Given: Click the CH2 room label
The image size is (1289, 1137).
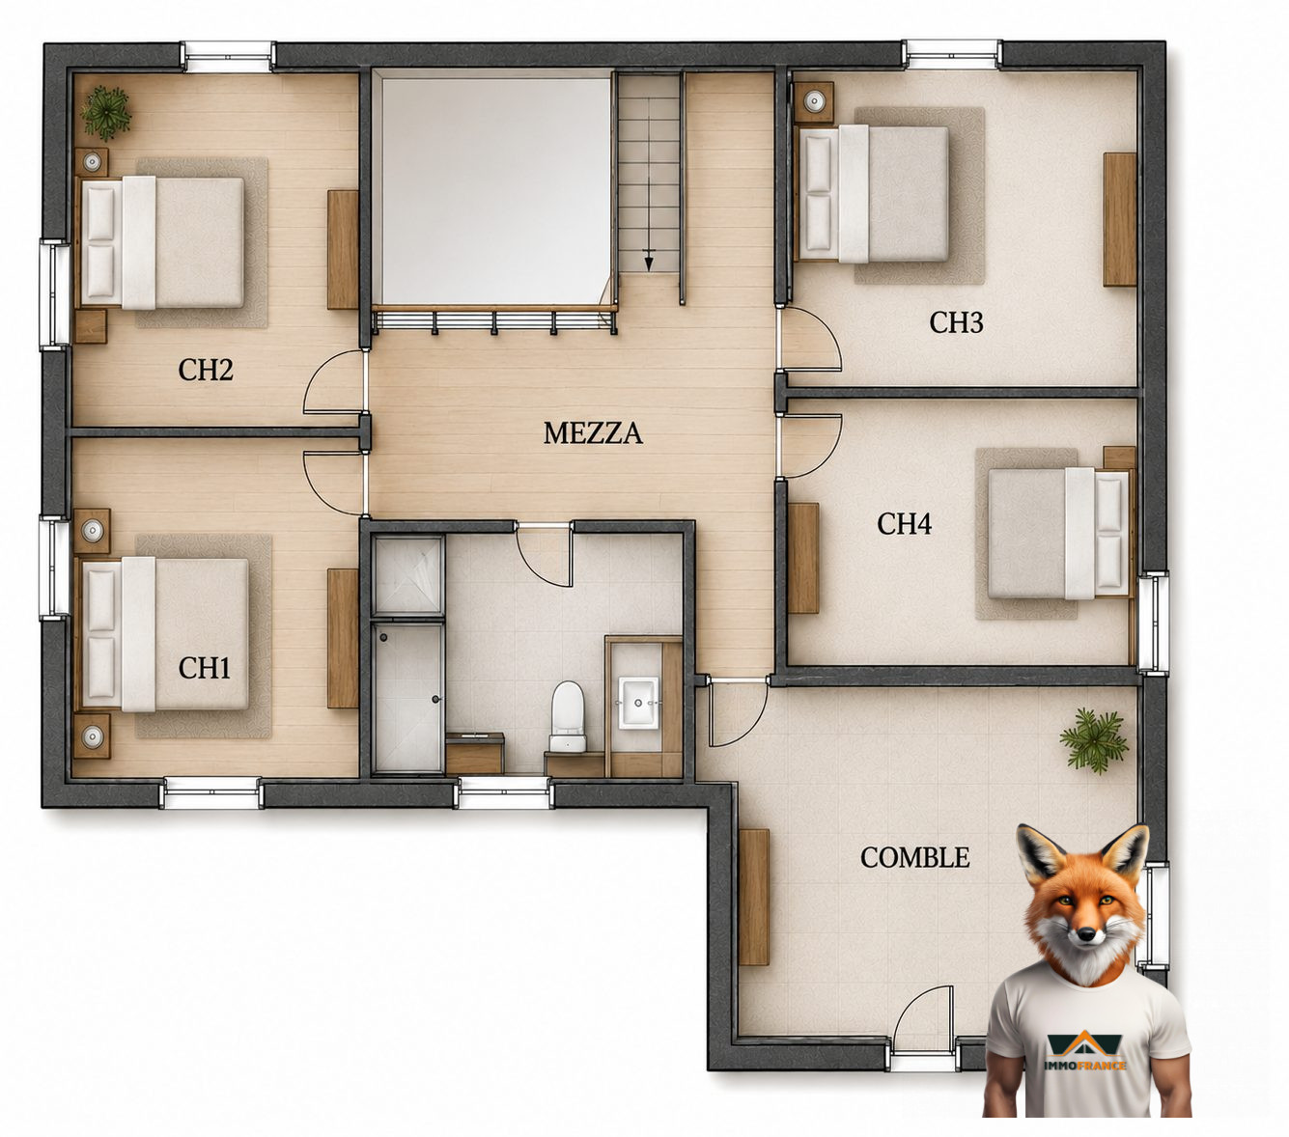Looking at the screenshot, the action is (x=206, y=370).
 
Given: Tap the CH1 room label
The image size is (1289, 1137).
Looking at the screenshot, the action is (x=205, y=668).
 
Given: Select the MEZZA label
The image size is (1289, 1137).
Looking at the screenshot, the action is (x=593, y=433).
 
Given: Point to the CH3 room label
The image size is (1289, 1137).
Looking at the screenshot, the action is (x=956, y=322).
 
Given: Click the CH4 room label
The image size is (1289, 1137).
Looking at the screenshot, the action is (x=904, y=524).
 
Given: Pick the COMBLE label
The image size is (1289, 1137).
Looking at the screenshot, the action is (x=915, y=858).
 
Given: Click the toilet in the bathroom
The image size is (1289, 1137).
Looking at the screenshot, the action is (x=568, y=716).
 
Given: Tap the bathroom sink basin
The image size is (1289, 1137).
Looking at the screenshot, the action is (x=639, y=702).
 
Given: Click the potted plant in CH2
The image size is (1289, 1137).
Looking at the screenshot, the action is (x=105, y=113).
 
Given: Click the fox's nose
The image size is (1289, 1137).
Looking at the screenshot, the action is (x=1086, y=934).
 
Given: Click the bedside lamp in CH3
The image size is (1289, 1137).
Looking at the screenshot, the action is (x=814, y=100).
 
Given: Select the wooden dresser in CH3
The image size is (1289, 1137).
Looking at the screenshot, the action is (x=1120, y=219).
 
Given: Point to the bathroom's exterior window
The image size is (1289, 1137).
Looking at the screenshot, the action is (x=504, y=794).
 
